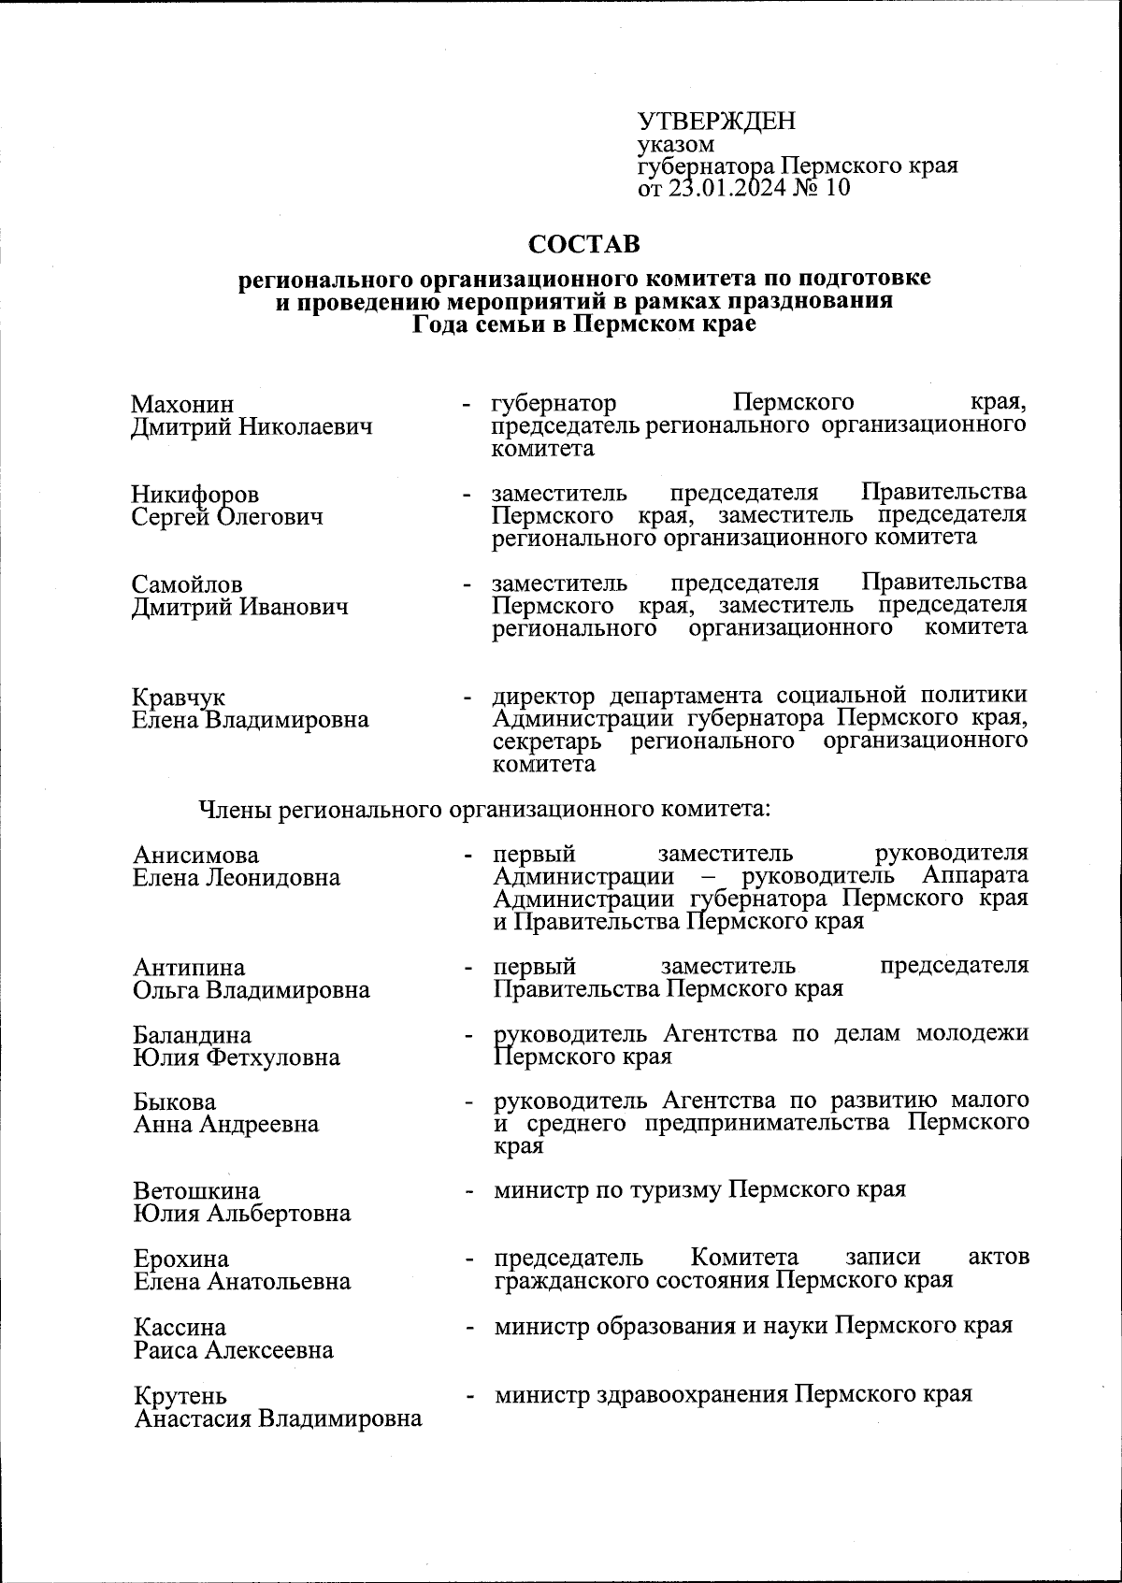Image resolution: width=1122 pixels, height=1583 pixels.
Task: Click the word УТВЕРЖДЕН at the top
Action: tap(716, 122)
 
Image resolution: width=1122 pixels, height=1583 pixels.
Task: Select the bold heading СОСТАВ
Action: tap(584, 245)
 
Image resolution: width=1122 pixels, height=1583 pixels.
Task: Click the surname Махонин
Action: tap(182, 405)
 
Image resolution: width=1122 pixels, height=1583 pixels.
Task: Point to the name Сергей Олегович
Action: tap(227, 516)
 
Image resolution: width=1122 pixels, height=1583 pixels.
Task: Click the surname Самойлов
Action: tap(187, 585)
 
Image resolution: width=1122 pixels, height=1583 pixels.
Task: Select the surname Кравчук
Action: tap(179, 698)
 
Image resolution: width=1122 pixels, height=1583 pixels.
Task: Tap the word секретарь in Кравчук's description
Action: tap(549, 741)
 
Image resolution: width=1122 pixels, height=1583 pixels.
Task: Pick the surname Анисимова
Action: tap(195, 856)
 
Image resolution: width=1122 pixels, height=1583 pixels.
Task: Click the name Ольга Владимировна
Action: tap(252, 989)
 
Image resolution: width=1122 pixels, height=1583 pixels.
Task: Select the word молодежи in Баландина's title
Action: tap(971, 1033)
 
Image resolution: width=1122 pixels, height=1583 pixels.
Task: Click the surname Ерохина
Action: tap(180, 1259)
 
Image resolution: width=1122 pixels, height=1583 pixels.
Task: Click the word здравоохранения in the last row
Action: tap(690, 1394)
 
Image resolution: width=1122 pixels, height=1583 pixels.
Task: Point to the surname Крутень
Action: tap(180, 1397)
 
